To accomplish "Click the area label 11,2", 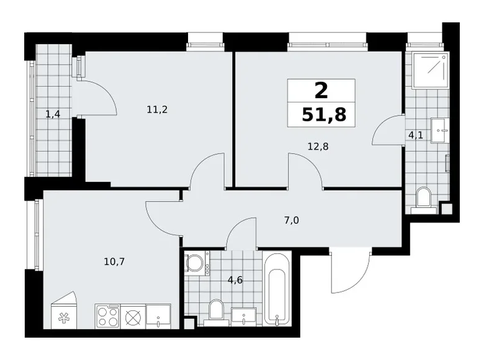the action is pos(157,109).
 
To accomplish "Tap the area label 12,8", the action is pos(318,146).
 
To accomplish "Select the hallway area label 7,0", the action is pos(292,220).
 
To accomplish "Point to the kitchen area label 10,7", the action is pos(114,262).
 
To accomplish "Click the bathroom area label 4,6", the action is pos(235,280).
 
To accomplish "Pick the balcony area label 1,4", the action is pos(53,115).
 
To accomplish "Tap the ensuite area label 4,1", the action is pos(416,135).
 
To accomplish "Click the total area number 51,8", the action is pos(324,115).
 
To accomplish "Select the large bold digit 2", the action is pos(321,91).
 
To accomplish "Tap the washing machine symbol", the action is pos(197,263).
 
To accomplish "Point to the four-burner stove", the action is pos(107,317).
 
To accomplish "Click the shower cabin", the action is pos(430,70).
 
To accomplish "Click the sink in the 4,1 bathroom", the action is pos(439,130).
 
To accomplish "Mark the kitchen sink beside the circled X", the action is pos(158,317).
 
